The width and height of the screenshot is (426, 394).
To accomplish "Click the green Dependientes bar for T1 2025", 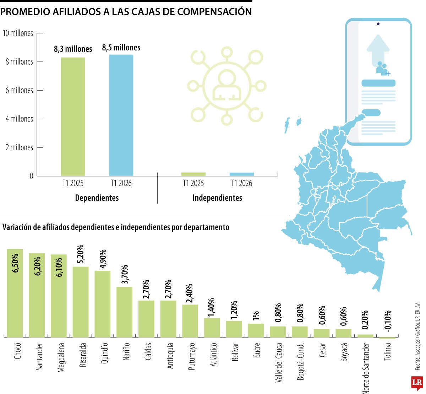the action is (x=73, y=117).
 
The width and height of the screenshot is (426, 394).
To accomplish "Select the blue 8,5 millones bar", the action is (x=121, y=115).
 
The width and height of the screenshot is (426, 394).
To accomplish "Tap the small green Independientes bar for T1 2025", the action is (x=193, y=174).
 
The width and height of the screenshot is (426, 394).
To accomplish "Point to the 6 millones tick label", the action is (x=19, y=90).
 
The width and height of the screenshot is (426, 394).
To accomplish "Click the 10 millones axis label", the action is (x=18, y=33).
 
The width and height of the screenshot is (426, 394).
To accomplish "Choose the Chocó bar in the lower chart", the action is (x=15, y=293).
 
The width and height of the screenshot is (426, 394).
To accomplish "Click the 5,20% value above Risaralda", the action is (x=81, y=254).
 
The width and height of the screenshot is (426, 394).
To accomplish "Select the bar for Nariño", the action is (x=124, y=312).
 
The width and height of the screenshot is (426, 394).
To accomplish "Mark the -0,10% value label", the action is (x=387, y=321).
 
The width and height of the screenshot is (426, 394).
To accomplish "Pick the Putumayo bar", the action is (x=190, y=321).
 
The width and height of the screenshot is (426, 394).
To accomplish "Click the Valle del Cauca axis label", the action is (x=278, y=363).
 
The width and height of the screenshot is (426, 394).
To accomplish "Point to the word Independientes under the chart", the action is (x=217, y=198).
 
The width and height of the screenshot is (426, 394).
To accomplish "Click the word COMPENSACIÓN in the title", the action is (x=214, y=12).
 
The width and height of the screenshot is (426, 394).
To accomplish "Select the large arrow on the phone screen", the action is (x=378, y=50).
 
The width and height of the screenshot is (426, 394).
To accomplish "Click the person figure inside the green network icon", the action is (x=227, y=86).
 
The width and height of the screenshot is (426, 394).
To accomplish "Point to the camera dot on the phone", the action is (x=378, y=23).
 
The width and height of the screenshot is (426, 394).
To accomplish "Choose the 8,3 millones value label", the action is (x=73, y=49).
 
